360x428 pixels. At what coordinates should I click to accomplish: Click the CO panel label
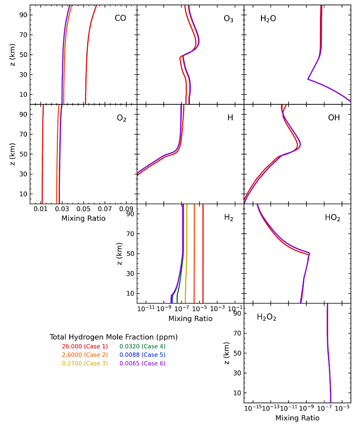120,18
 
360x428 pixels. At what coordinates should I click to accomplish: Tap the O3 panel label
228,19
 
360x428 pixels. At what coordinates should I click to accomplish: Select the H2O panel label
268,19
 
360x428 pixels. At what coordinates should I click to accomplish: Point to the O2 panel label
121,119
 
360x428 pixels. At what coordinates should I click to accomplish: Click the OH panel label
333,118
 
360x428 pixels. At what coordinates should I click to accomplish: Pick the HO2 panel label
333,218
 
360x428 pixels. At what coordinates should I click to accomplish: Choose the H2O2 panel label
266,317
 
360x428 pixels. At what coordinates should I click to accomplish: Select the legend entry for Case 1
85,346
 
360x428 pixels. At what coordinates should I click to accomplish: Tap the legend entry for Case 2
85,355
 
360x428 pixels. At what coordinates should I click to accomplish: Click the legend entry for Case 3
85,363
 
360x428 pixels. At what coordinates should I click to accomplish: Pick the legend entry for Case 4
142,346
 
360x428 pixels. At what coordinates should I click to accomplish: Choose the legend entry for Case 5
142,355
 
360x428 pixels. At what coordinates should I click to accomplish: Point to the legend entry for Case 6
142,363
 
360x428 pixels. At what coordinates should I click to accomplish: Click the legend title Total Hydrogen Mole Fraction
113,337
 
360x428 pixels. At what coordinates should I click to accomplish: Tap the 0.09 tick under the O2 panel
126,209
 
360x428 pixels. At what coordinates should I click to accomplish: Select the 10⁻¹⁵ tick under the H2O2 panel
253,408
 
